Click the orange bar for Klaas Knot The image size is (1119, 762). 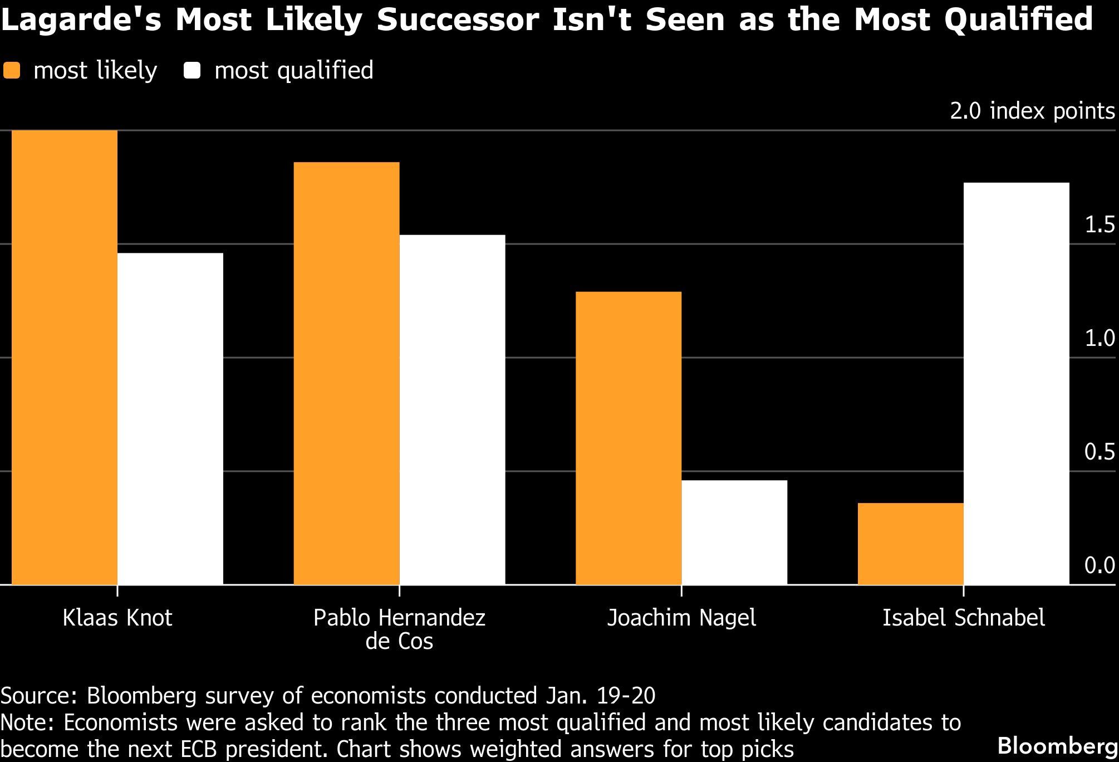tap(64, 357)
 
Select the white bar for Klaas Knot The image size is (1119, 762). tap(170, 418)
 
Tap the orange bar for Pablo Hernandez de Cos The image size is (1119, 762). tap(346, 373)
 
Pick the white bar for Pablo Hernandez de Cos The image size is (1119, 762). tap(452, 409)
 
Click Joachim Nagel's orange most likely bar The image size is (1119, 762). tap(629, 438)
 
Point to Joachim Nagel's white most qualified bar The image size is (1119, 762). tap(734, 532)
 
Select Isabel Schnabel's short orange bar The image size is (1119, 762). tap(910, 544)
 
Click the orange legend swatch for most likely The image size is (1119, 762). tap(11, 71)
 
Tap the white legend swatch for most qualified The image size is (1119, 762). tap(192, 71)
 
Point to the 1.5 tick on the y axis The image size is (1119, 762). tap(1100, 224)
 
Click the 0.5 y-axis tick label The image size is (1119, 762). tap(1100, 452)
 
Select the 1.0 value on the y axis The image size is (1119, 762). tap(1100, 338)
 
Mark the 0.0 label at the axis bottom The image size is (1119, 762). tap(1100, 565)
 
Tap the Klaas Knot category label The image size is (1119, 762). tap(117, 618)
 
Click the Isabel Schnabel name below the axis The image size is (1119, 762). tap(963, 618)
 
